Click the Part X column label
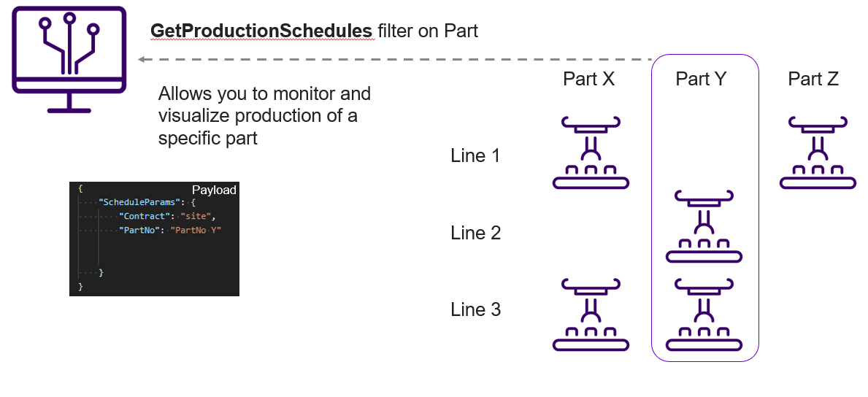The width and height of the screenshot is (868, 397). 588,79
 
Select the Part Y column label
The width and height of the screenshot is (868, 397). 701,79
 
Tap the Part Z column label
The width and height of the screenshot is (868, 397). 813,79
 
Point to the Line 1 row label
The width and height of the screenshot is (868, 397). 475,155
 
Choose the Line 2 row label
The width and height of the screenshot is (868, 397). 475,233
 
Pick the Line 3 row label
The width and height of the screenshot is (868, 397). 475,309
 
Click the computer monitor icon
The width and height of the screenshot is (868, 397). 69,58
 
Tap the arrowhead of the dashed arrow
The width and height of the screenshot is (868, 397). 142,59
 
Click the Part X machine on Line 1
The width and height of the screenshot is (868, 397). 591,153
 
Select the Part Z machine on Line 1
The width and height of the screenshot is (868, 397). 817,153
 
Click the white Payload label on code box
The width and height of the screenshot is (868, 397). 214,190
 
